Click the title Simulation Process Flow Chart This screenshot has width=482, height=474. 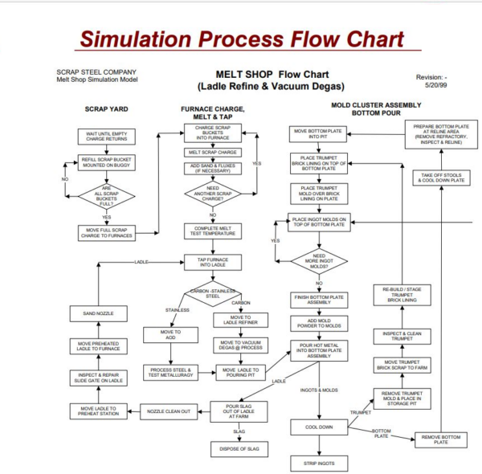241,38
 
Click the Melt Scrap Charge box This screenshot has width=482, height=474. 214,152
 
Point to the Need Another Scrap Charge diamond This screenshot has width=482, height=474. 214,194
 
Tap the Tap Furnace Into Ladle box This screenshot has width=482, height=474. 214,261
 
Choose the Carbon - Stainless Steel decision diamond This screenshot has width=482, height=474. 214,295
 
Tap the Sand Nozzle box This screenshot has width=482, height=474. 98,313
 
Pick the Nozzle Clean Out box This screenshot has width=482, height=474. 168,411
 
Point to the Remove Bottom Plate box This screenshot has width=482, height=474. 441,438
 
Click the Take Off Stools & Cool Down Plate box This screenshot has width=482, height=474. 441,178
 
